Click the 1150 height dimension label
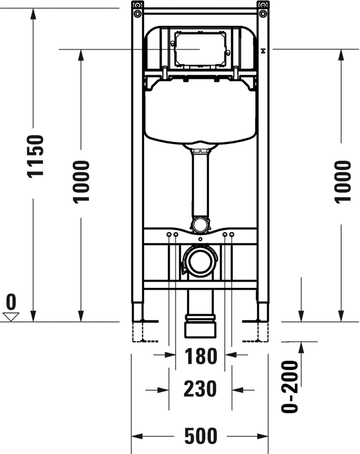point(36,156)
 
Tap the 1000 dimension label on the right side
point(342,182)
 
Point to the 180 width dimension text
point(201,356)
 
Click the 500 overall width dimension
point(201,436)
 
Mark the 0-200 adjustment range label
point(290,387)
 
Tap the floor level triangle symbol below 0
point(11,317)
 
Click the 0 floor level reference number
point(11,302)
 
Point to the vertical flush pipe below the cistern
point(200,184)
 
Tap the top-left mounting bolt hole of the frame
point(137,13)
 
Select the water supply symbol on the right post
point(264,51)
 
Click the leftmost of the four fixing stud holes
point(169,235)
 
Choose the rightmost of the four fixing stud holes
point(231,235)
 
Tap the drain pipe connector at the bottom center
point(200,326)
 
